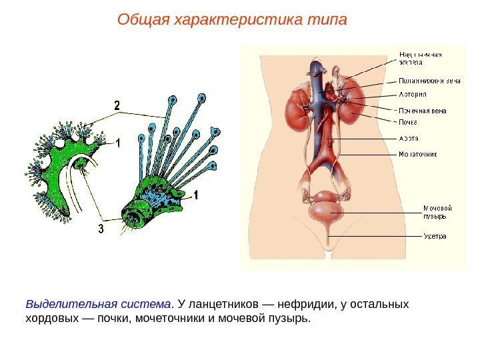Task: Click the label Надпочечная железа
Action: pos(421,58)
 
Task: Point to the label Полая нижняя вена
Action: pos(429,81)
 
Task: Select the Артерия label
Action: pos(413,94)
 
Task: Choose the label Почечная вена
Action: pos(422,111)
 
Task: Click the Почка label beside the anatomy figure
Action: pos(409,122)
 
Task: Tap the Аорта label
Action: pos(409,139)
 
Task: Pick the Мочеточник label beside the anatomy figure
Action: pos(418,154)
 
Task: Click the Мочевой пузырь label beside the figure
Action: pos(434,211)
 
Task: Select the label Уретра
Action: pos(435,236)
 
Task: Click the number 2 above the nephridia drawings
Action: pos(117,105)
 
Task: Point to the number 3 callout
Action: pos(101,229)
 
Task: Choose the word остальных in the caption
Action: pos(382,305)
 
